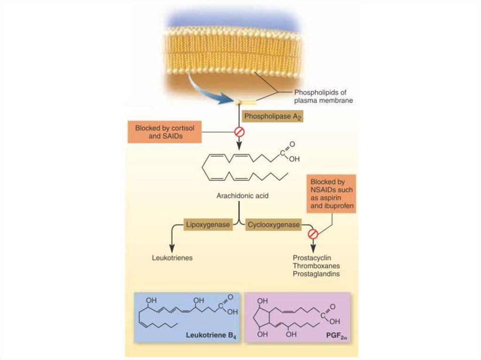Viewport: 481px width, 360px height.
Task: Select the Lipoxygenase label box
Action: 208,225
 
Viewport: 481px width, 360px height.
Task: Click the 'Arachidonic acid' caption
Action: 242,195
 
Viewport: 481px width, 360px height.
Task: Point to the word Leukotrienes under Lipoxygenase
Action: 172,258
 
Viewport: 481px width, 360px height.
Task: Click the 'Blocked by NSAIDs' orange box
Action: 332,193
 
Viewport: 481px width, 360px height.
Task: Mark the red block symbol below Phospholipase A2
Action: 240,132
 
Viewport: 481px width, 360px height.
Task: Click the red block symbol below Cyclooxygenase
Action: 313,233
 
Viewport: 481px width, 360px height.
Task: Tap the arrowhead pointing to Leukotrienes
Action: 172,245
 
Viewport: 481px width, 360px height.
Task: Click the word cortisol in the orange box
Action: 181,128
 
